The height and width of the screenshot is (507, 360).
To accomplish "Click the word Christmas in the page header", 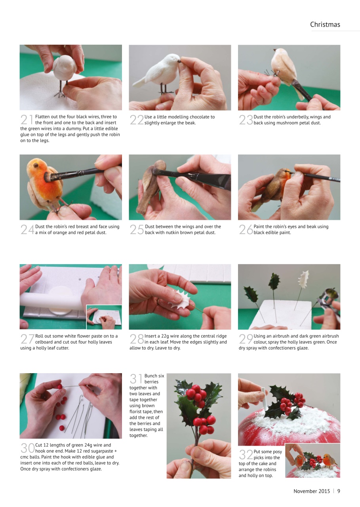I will click(325, 25).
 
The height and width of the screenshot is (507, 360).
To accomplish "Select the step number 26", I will click(246, 230).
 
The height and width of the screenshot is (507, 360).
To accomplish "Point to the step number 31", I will click(136, 379).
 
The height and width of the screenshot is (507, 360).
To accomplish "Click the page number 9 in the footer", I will click(339, 491).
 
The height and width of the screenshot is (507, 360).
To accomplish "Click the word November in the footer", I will click(306, 491).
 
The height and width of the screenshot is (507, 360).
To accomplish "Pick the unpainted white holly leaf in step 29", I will click(304, 279).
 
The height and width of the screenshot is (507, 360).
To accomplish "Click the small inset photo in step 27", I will click(104, 316).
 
